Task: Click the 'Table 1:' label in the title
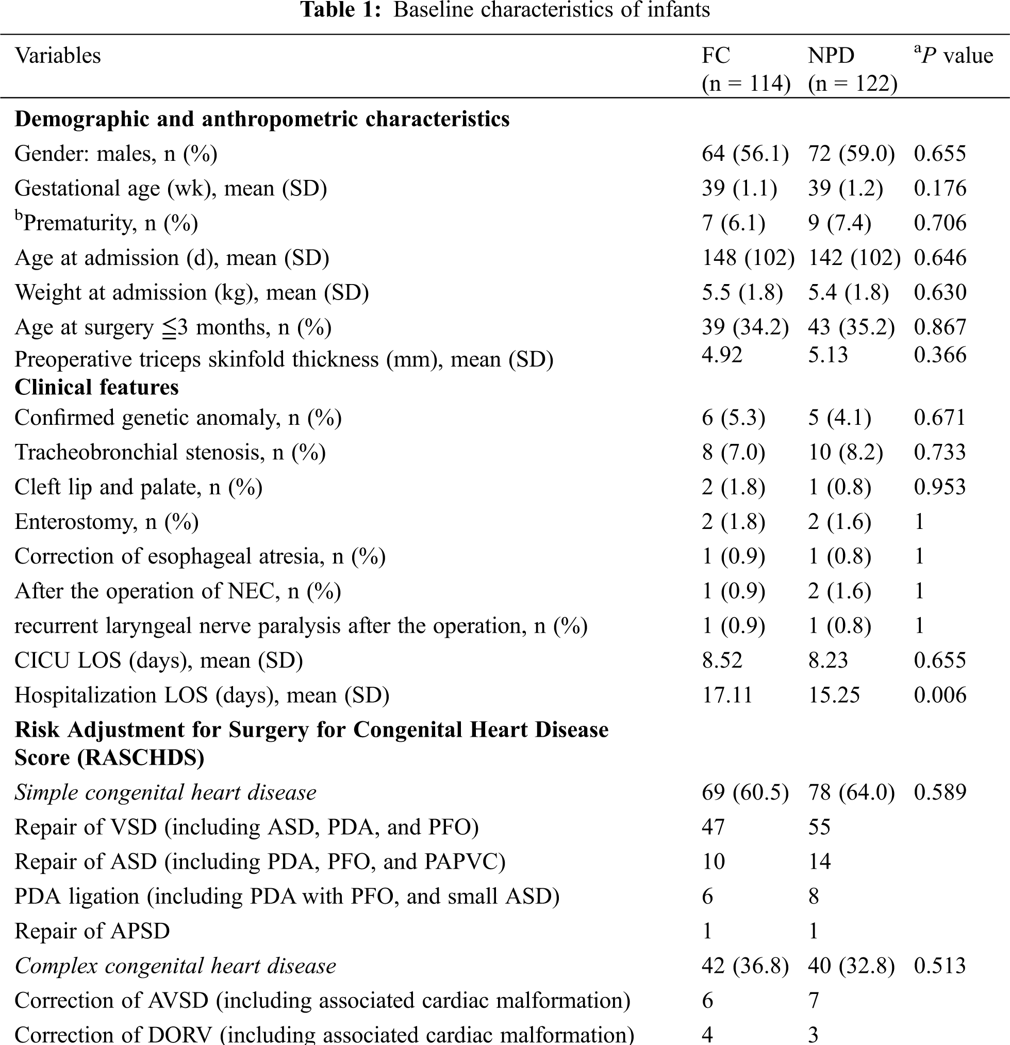tap(341, 10)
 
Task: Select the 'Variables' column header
tap(58, 56)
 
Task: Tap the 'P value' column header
tap(953, 56)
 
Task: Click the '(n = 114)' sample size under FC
tap(746, 84)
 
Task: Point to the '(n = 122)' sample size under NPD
tap(852, 84)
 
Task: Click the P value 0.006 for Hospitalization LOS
tap(939, 695)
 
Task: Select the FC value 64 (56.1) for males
tap(745, 154)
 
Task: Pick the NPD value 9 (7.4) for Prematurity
tap(839, 223)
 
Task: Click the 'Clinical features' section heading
tap(96, 388)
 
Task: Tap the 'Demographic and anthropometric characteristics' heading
tap(262, 119)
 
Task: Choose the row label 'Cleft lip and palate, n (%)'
tap(138, 487)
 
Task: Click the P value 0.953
tap(939, 487)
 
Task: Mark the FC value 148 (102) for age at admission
tap(748, 258)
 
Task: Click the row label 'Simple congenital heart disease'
tap(165, 793)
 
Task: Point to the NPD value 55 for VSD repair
tap(819, 827)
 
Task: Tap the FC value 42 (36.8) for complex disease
tap(745, 966)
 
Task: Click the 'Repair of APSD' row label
tap(92, 932)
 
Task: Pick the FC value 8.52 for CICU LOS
tap(721, 660)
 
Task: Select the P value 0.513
tap(939, 966)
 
